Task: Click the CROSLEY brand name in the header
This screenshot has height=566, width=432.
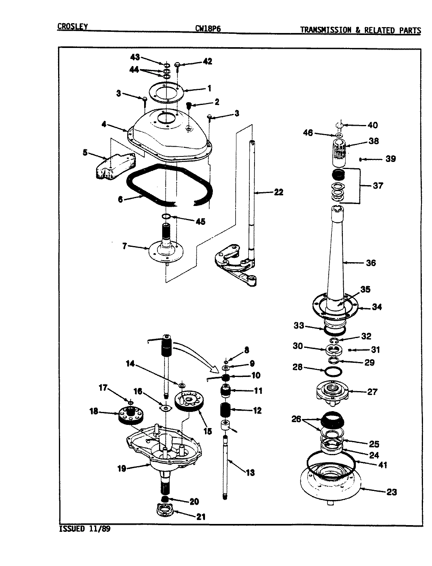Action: [72, 27]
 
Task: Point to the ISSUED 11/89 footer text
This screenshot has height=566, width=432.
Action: [84, 529]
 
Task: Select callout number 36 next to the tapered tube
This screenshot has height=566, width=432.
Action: [370, 263]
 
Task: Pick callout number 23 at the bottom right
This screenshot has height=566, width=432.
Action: [391, 492]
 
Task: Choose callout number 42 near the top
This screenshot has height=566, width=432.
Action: [207, 61]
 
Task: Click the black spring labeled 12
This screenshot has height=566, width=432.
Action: [225, 411]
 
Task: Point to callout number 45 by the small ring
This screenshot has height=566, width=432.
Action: [200, 221]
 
